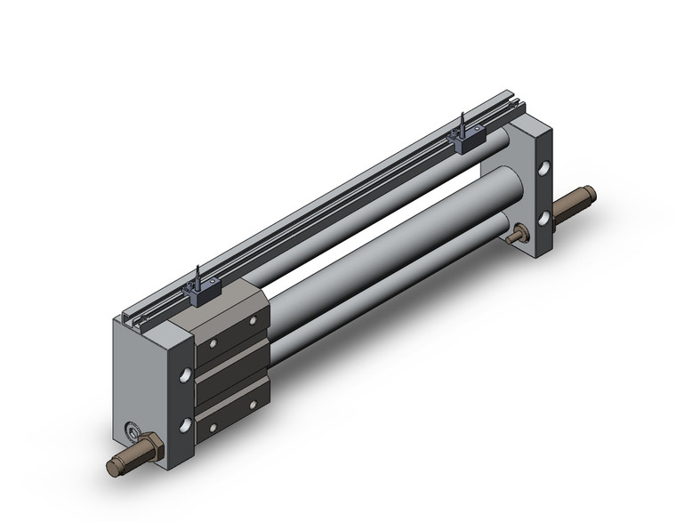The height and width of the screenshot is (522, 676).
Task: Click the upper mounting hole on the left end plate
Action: click(x=184, y=375)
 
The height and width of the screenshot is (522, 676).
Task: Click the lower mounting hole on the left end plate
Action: click(x=184, y=426)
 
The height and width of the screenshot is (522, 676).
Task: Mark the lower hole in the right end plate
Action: click(x=543, y=216)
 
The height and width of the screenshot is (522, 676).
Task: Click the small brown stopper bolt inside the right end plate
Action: click(x=518, y=235)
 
